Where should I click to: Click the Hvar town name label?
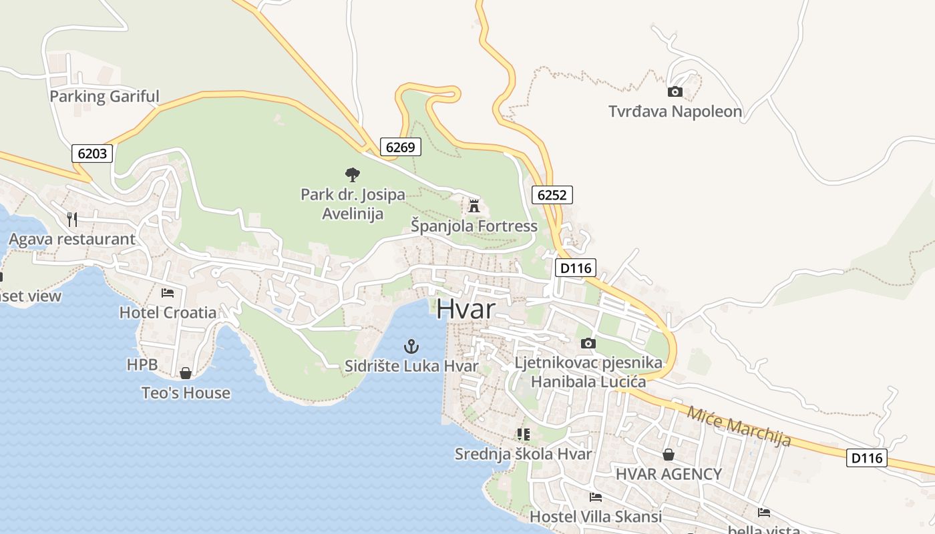point(467,310)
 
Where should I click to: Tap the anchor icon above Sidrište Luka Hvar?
point(411,346)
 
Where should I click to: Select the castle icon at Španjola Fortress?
point(474,206)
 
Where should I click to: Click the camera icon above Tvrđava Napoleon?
point(675,91)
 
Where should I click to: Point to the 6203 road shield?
point(92,154)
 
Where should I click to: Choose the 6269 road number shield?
point(401,147)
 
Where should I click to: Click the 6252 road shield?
point(552,195)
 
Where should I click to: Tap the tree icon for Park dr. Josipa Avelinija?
point(353,175)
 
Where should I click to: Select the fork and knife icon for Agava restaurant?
point(72,219)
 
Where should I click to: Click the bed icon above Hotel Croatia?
point(168,292)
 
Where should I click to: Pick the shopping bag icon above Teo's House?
point(186,373)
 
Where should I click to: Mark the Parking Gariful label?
point(104,96)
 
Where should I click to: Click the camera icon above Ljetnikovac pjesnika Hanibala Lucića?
point(588,344)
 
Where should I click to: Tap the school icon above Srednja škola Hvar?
point(524,435)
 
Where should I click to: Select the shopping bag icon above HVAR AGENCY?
point(669,455)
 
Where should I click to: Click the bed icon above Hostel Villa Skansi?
point(596,497)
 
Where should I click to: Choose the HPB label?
point(142,365)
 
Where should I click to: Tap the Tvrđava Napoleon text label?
point(675,111)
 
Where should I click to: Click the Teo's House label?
point(186,393)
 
